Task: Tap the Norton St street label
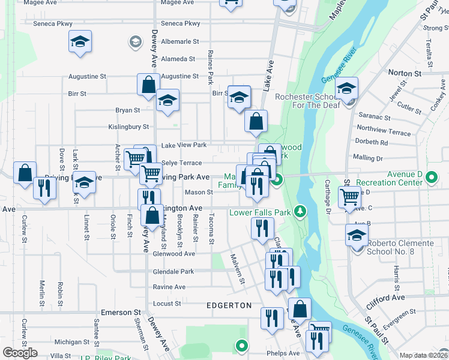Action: point(405,73)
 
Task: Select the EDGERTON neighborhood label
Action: point(229,305)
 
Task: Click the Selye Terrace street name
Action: point(182,163)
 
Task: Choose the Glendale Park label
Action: point(173,271)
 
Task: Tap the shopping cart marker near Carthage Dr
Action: point(349,196)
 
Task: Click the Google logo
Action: point(20,353)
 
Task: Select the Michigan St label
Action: point(72,342)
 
